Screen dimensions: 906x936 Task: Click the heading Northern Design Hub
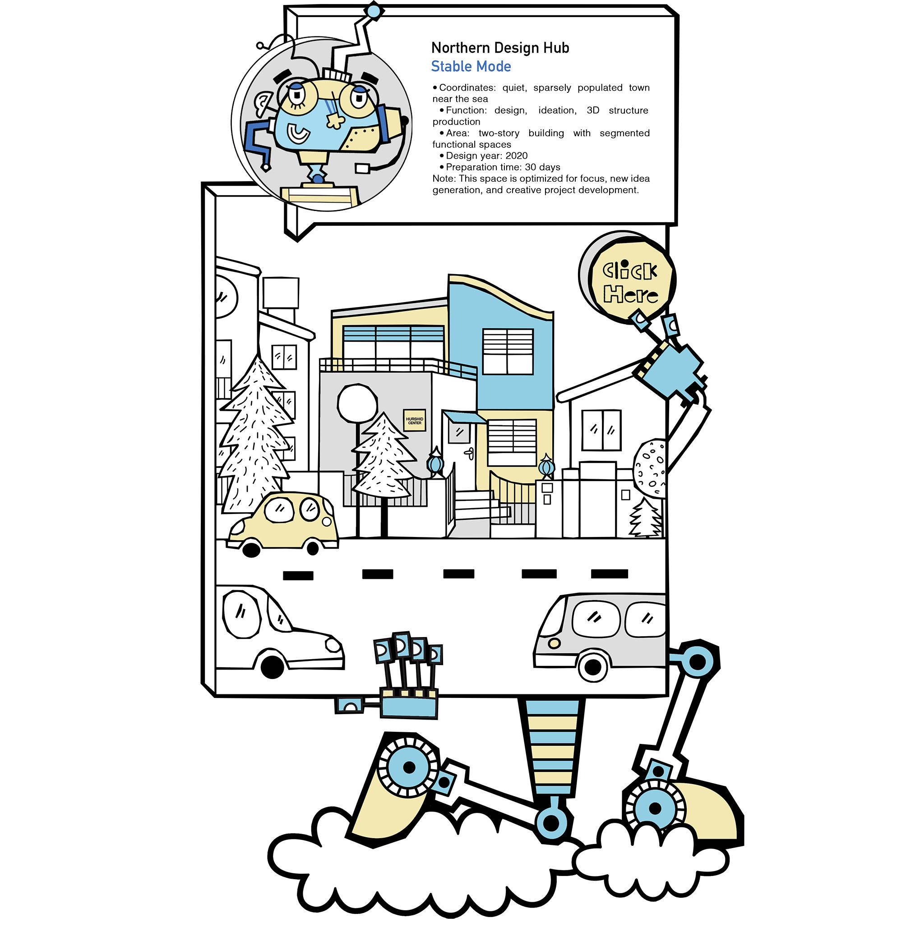[x=500, y=48]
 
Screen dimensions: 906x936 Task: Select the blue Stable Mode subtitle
[x=471, y=66]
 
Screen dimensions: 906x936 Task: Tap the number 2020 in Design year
[x=516, y=156]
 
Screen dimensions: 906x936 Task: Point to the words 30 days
[x=542, y=167]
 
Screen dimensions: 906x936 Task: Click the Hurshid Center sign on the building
[x=414, y=420]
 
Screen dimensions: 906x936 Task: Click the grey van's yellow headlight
[x=554, y=643]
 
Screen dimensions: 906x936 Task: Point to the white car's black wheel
[x=272, y=667]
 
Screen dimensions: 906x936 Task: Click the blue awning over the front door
[x=463, y=417]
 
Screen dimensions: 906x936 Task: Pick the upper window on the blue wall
[x=508, y=352]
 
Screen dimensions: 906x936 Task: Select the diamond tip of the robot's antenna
[x=374, y=11]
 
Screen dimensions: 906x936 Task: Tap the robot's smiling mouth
[x=298, y=133]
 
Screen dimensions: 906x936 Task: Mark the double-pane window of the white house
[x=601, y=430]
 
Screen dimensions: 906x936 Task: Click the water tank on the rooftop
[x=281, y=292]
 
